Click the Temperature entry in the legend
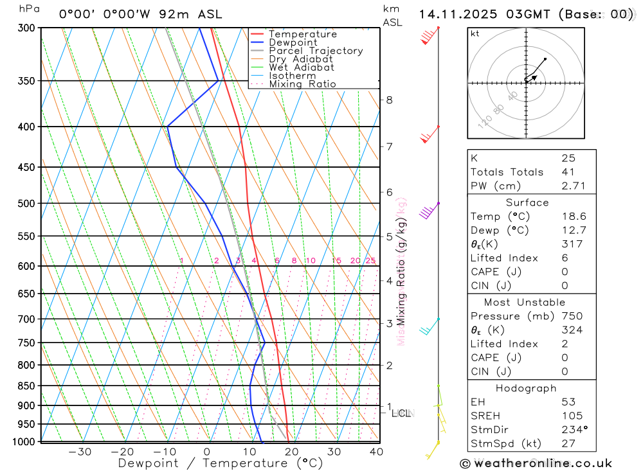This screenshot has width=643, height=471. click(302, 34)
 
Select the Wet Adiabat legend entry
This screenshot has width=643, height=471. click(301, 67)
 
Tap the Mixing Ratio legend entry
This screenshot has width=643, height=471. click(302, 84)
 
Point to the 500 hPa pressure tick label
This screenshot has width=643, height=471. click(26, 204)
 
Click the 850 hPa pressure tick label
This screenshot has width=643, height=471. click(26, 386)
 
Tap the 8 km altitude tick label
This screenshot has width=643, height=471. click(389, 100)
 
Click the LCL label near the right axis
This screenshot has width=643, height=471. click(401, 414)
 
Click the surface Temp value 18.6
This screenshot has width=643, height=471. click(574, 217)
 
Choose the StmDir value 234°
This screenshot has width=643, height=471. click(574, 430)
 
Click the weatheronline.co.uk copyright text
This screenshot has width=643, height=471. click(536, 463)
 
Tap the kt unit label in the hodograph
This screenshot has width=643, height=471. click(475, 34)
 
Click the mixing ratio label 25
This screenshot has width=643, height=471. click(370, 260)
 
